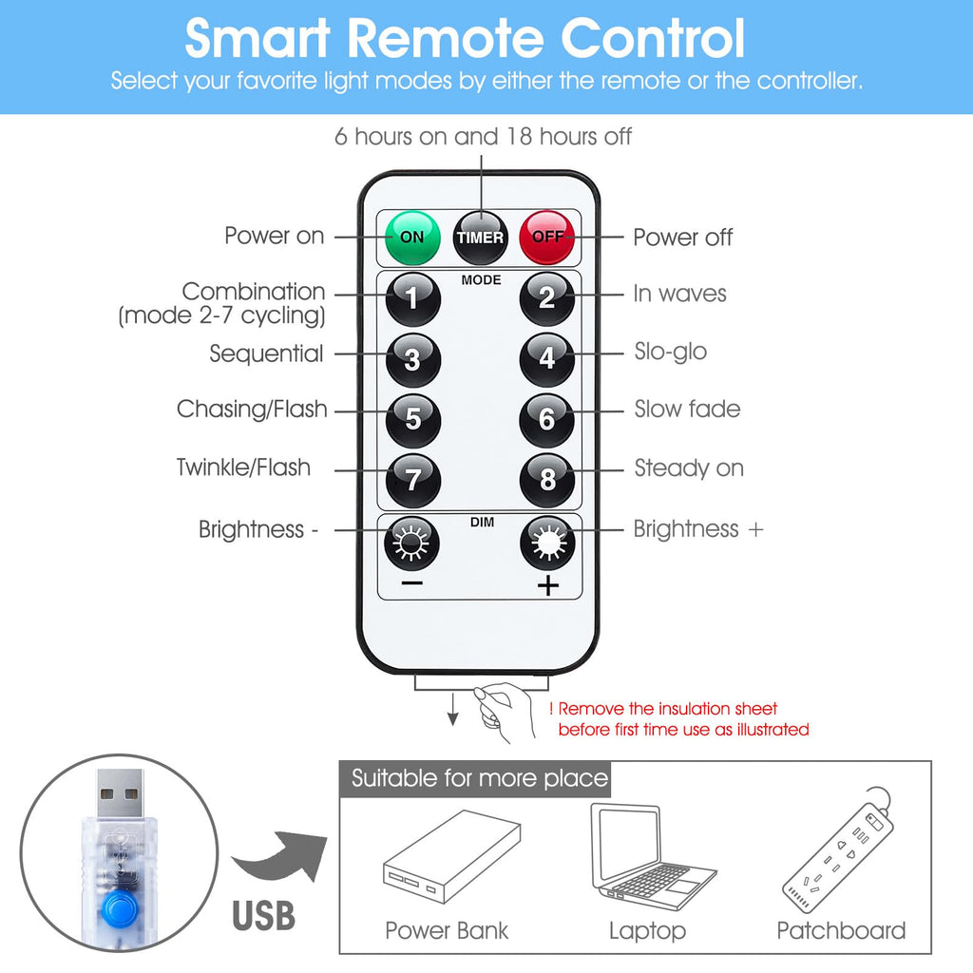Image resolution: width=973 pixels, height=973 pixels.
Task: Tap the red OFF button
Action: click(546, 238)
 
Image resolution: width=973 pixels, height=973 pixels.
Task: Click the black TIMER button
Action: click(480, 238)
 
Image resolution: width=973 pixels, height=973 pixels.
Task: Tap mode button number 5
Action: click(413, 420)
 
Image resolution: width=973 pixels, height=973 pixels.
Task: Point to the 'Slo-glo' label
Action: click(670, 352)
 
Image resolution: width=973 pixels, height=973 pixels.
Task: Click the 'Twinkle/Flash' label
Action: click(243, 467)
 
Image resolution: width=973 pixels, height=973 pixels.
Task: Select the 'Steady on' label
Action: click(689, 467)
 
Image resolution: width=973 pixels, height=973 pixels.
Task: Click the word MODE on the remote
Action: click(481, 280)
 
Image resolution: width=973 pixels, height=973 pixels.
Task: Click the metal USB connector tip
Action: click(120, 793)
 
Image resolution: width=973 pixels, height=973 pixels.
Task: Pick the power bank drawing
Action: click(451, 856)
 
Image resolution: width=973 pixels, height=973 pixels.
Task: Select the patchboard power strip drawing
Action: click(838, 850)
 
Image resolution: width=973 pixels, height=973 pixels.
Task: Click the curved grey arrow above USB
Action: click(280, 856)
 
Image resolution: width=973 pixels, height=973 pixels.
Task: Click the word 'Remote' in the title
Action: click(446, 38)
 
